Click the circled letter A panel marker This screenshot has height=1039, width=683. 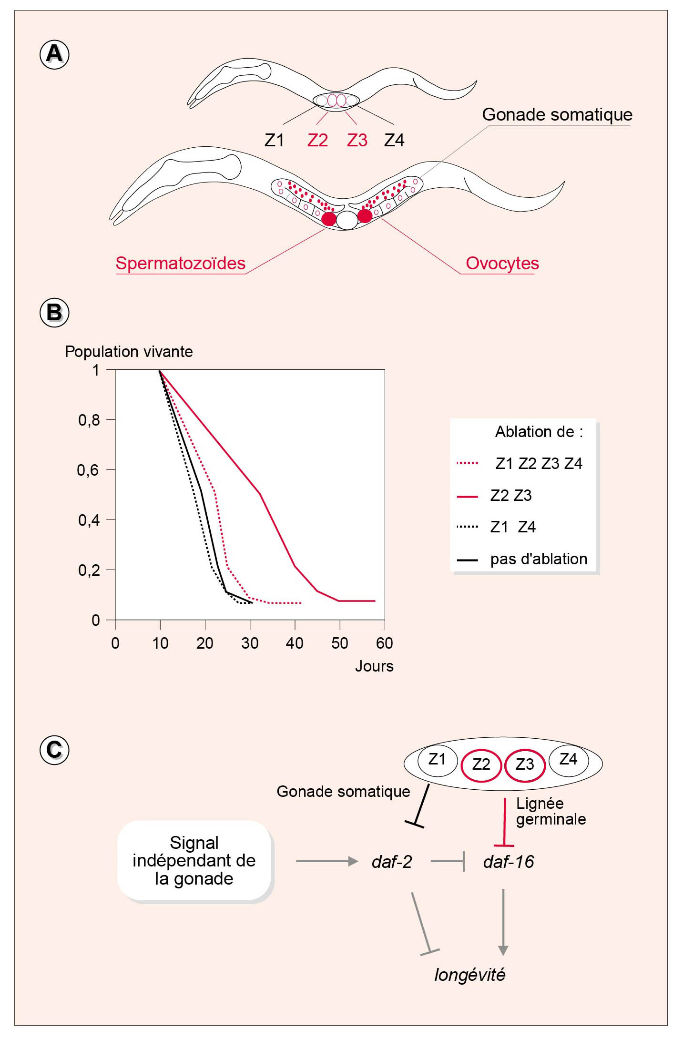[54, 54]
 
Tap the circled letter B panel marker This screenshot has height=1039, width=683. [54, 313]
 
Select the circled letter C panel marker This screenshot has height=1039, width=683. [54, 750]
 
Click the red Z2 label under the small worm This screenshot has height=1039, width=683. [317, 141]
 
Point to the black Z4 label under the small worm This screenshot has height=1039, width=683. [394, 141]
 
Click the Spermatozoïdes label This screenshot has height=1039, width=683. [180, 264]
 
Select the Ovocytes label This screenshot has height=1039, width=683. [502, 264]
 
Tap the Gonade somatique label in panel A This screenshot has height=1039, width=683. [557, 115]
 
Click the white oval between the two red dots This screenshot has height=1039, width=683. [347, 220]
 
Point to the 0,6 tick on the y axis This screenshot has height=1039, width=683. [89, 470]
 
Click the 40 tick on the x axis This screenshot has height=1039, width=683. [295, 643]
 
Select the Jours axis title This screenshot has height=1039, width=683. [374, 666]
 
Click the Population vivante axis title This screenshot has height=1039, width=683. [129, 352]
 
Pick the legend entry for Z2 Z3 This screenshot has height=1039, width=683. [510, 496]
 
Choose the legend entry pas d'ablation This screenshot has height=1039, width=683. [538, 559]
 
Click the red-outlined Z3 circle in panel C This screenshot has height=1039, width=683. [525, 765]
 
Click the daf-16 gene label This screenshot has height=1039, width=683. [509, 862]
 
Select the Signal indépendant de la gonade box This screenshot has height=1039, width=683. [194, 861]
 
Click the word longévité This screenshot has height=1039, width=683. [469, 975]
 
